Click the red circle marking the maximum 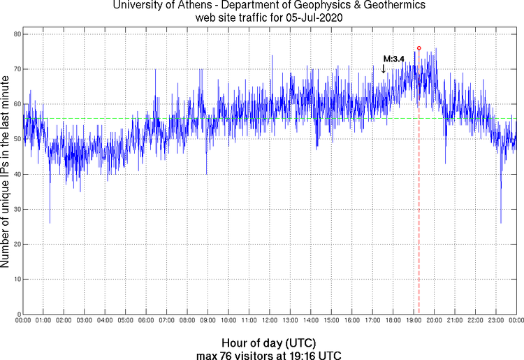point(419,48)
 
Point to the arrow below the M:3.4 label point(384,69)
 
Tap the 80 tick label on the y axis point(15,34)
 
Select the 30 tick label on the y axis point(15,209)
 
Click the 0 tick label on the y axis point(17,314)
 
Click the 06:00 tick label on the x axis point(146,321)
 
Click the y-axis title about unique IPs point(6,173)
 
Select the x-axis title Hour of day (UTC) point(268,343)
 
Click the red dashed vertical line point(419,210)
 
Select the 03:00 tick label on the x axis point(85,321)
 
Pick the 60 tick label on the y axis point(15,104)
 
